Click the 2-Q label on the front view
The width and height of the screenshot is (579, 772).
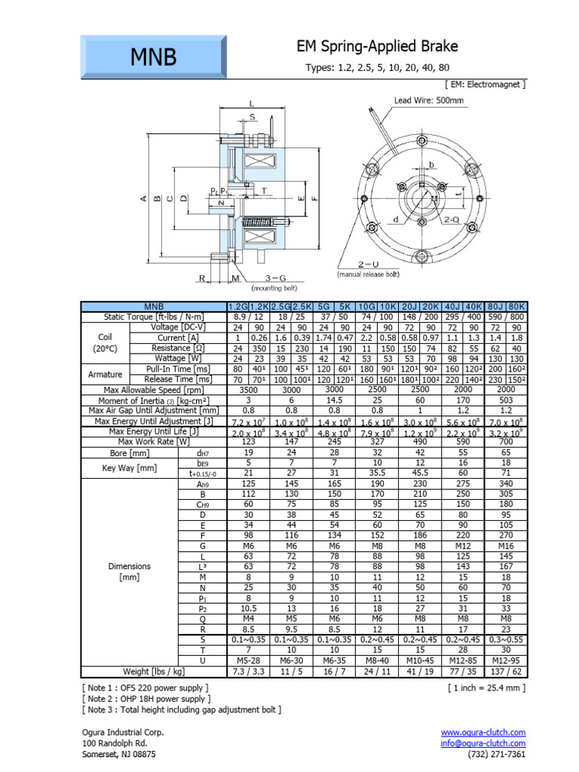click(452, 219)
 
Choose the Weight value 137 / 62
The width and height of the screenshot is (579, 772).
click(504, 671)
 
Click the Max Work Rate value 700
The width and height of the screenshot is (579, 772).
click(504, 442)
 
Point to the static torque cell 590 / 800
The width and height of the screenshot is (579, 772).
click(504, 317)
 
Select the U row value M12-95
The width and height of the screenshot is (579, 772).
click(504, 661)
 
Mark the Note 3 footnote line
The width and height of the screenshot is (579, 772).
click(181, 709)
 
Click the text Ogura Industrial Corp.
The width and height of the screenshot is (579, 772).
click(122, 732)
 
